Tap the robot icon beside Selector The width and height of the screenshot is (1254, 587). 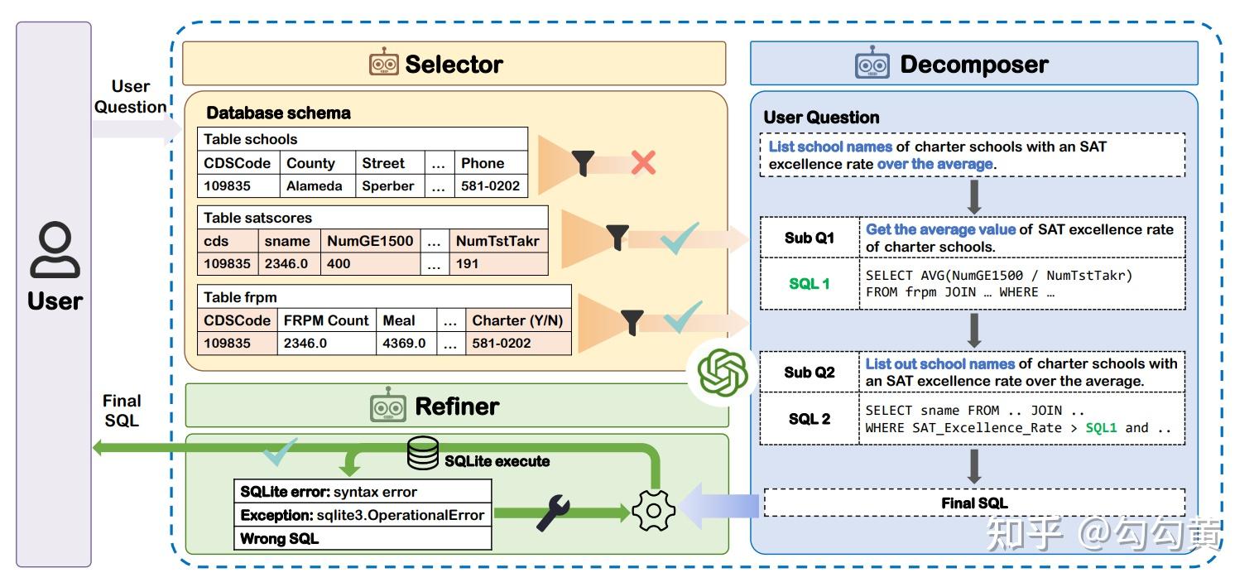pyautogui.click(x=383, y=64)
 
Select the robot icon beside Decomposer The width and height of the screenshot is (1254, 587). pyautogui.click(x=872, y=65)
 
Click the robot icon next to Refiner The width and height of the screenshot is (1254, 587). pyautogui.click(x=387, y=407)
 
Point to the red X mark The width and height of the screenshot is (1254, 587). pyautogui.click(x=642, y=163)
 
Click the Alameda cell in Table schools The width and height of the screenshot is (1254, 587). pyautogui.click(x=314, y=186)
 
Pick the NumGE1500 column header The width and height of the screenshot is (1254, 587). pyautogui.click(x=369, y=242)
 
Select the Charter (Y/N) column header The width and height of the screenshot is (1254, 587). pyautogui.click(x=517, y=320)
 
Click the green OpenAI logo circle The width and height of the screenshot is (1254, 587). pyautogui.click(x=723, y=373)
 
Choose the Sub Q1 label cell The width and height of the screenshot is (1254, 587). pyautogui.click(x=809, y=238)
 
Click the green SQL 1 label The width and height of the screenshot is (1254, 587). pyautogui.click(x=809, y=284)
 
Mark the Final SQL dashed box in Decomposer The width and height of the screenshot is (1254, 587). pyautogui.click(x=973, y=503)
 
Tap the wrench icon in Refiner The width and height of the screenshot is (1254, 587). pyautogui.click(x=553, y=513)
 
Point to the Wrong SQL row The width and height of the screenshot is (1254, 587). pyautogui.click(x=363, y=539)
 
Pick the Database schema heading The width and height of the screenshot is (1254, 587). pyautogui.click(x=278, y=113)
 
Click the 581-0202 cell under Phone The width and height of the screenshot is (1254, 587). pyautogui.click(x=491, y=186)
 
